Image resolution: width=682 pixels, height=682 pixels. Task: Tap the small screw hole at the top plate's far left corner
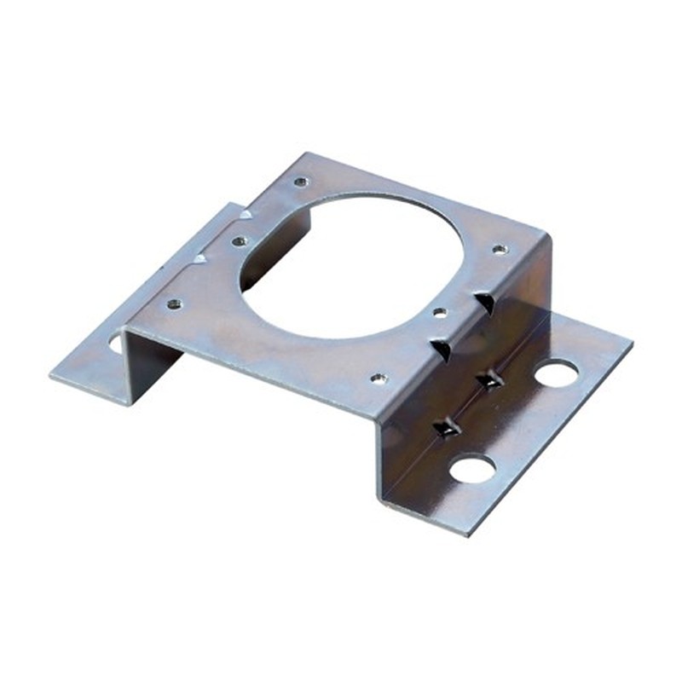[x=300, y=182]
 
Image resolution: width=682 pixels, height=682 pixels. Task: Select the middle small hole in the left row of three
[x=240, y=241]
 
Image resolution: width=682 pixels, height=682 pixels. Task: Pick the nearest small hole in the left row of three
[x=174, y=303]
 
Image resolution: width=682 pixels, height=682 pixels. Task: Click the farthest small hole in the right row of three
[x=500, y=249]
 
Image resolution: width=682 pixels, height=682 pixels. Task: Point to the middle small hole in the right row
[x=439, y=313]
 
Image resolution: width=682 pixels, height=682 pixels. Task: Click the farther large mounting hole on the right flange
[x=557, y=373]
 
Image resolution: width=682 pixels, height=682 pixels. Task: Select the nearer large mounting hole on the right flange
[x=472, y=467]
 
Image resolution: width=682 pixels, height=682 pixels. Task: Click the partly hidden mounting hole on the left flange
[x=116, y=344]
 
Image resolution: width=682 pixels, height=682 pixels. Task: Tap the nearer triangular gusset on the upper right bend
[x=442, y=348]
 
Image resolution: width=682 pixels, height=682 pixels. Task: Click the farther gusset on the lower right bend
[x=489, y=379]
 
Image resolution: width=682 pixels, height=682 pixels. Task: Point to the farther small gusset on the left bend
[x=246, y=213]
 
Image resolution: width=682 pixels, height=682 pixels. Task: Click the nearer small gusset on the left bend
[x=199, y=258]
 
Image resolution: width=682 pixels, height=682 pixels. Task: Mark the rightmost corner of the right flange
[x=632, y=346]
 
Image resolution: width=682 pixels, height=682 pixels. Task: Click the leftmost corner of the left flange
[x=50, y=373]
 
